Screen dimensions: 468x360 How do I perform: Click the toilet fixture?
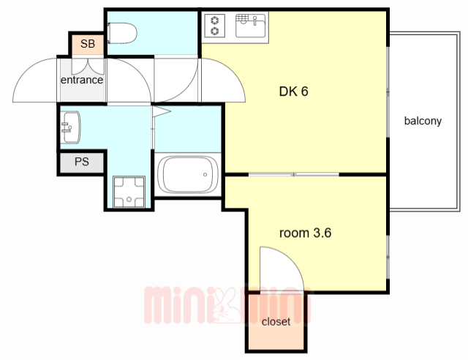(x=122, y=33)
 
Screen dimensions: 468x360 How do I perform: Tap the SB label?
(x=88, y=44)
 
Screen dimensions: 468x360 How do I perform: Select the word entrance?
(x=82, y=80)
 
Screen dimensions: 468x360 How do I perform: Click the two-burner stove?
(x=214, y=26)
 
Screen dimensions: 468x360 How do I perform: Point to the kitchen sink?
(x=250, y=26)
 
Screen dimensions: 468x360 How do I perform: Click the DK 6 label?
(x=293, y=91)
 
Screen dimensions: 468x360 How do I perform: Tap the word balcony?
(x=423, y=121)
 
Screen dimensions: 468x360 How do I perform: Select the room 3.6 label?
(x=305, y=233)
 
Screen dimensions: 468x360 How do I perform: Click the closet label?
(x=276, y=322)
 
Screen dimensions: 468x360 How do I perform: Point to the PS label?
(x=82, y=162)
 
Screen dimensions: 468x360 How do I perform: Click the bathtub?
(x=188, y=174)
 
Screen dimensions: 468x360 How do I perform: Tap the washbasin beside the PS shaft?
(x=70, y=127)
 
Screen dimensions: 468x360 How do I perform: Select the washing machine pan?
(x=129, y=192)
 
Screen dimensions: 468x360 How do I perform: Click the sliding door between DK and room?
(x=294, y=174)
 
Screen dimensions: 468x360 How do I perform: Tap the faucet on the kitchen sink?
(x=254, y=20)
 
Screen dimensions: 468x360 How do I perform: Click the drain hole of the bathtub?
(x=205, y=174)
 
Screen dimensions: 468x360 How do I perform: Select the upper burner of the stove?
(x=214, y=20)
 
